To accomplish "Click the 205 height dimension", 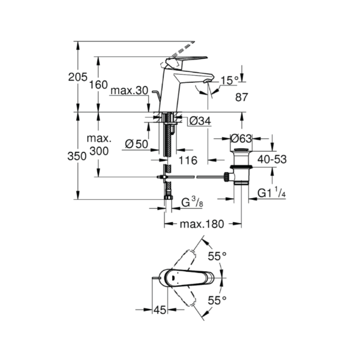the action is click(78, 77).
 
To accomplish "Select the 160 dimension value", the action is click(98, 85).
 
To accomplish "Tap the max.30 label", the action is click(129, 91).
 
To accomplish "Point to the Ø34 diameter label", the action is click(200, 121).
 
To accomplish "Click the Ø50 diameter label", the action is click(137, 144).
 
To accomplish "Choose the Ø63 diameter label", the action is click(241, 139).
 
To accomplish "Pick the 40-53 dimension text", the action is click(272, 159).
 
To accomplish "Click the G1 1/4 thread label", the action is click(272, 193).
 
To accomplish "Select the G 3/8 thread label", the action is click(193, 202).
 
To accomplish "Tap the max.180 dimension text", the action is click(202, 224).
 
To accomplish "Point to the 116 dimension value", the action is click(188, 160).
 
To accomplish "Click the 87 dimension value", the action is click(242, 97).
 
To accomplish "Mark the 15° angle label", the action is click(230, 80).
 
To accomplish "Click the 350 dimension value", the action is click(77, 157).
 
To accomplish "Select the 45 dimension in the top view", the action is click(160, 310).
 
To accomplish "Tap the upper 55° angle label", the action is click(217, 256).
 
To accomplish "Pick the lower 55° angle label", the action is click(217, 301).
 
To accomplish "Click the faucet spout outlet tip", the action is click(208, 81).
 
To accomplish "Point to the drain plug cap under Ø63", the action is click(241, 151).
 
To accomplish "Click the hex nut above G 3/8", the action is click(169, 197).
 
